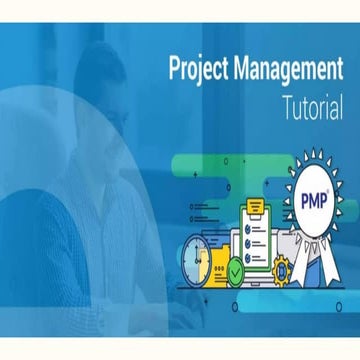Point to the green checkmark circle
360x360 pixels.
(x=235, y=269)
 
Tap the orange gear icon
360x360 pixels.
(x=281, y=267)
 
